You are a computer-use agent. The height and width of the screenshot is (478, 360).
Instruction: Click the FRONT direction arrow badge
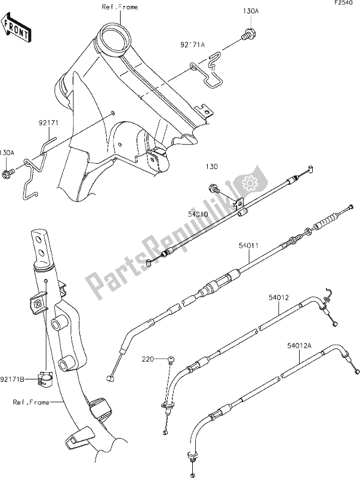point(17,29)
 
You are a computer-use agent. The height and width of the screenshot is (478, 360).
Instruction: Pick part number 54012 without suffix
point(278,295)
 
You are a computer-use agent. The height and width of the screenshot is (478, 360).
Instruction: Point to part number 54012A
point(306,344)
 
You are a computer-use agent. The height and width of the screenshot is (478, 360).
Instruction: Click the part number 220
point(147,359)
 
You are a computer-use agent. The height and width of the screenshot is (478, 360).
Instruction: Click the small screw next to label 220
point(170,358)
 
